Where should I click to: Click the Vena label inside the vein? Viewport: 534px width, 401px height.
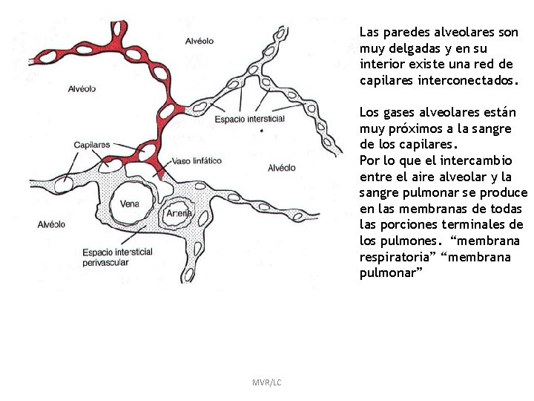[129, 203]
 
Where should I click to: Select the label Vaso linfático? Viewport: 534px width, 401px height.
[196, 160]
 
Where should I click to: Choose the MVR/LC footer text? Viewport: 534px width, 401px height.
[266, 382]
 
